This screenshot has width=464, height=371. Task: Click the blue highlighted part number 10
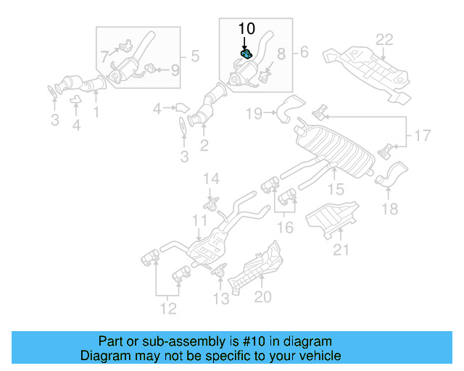(x=246, y=54)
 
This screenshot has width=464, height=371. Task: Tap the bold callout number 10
(x=246, y=28)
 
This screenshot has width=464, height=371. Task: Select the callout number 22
(x=384, y=38)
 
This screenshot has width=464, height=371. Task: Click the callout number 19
(x=253, y=112)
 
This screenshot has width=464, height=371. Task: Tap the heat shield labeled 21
(x=333, y=218)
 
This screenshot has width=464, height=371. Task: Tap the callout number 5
(x=194, y=54)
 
